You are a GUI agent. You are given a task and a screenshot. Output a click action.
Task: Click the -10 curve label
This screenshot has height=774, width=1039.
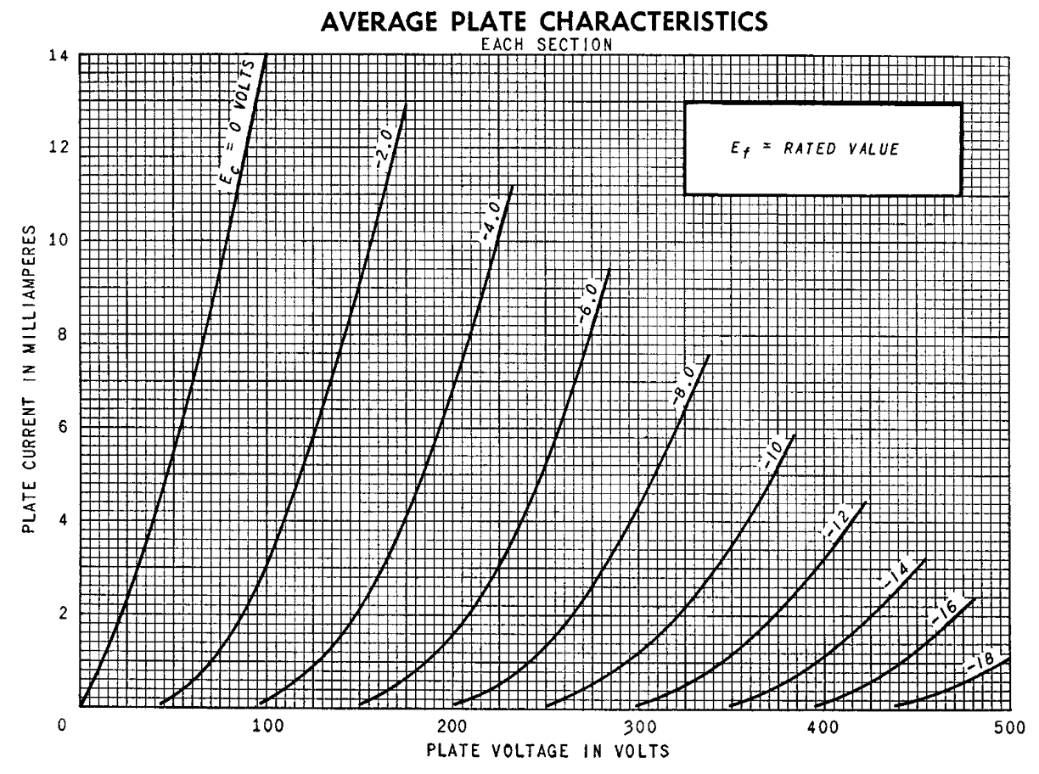(768, 459)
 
